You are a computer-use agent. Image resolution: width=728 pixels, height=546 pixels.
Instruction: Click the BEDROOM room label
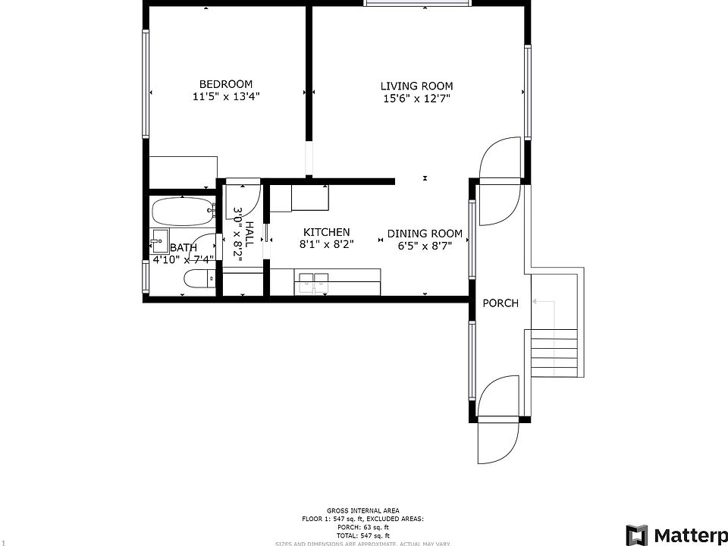click(226, 84)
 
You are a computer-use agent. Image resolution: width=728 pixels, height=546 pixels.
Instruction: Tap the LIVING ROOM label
click(416, 86)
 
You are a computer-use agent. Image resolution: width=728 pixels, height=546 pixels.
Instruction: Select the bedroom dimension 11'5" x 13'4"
click(226, 97)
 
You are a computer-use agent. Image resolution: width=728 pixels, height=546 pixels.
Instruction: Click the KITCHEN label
click(326, 232)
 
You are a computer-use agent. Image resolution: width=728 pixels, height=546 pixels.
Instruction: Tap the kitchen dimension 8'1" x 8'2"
click(326, 244)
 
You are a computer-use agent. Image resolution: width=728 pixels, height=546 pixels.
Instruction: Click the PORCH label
click(500, 303)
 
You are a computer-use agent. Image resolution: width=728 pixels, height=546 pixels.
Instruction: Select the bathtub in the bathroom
click(181, 212)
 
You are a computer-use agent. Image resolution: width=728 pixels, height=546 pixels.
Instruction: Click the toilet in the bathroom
click(199, 282)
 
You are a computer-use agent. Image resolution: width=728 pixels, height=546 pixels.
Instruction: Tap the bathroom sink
click(159, 241)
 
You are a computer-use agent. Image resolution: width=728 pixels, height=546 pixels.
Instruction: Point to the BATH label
click(184, 248)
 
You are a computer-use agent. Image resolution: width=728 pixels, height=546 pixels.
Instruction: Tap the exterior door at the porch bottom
click(498, 440)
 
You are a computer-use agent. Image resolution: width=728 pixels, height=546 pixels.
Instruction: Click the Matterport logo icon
click(635, 534)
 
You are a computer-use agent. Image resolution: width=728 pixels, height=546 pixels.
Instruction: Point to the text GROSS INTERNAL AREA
click(363, 510)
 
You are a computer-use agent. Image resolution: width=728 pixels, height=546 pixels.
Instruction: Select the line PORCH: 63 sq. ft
click(363, 527)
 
